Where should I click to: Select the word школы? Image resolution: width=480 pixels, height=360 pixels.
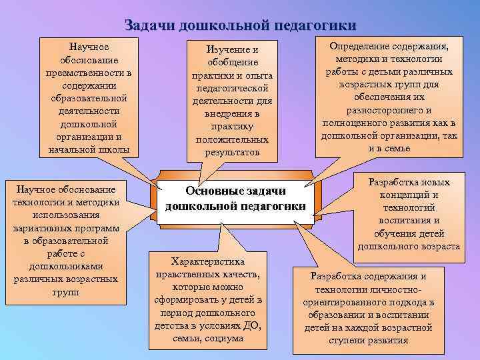[115, 149]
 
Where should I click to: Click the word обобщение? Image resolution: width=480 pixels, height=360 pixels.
[232, 63]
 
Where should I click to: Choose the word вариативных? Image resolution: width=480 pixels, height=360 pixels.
[43, 228]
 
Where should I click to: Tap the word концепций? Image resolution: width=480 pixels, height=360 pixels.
[409, 195]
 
